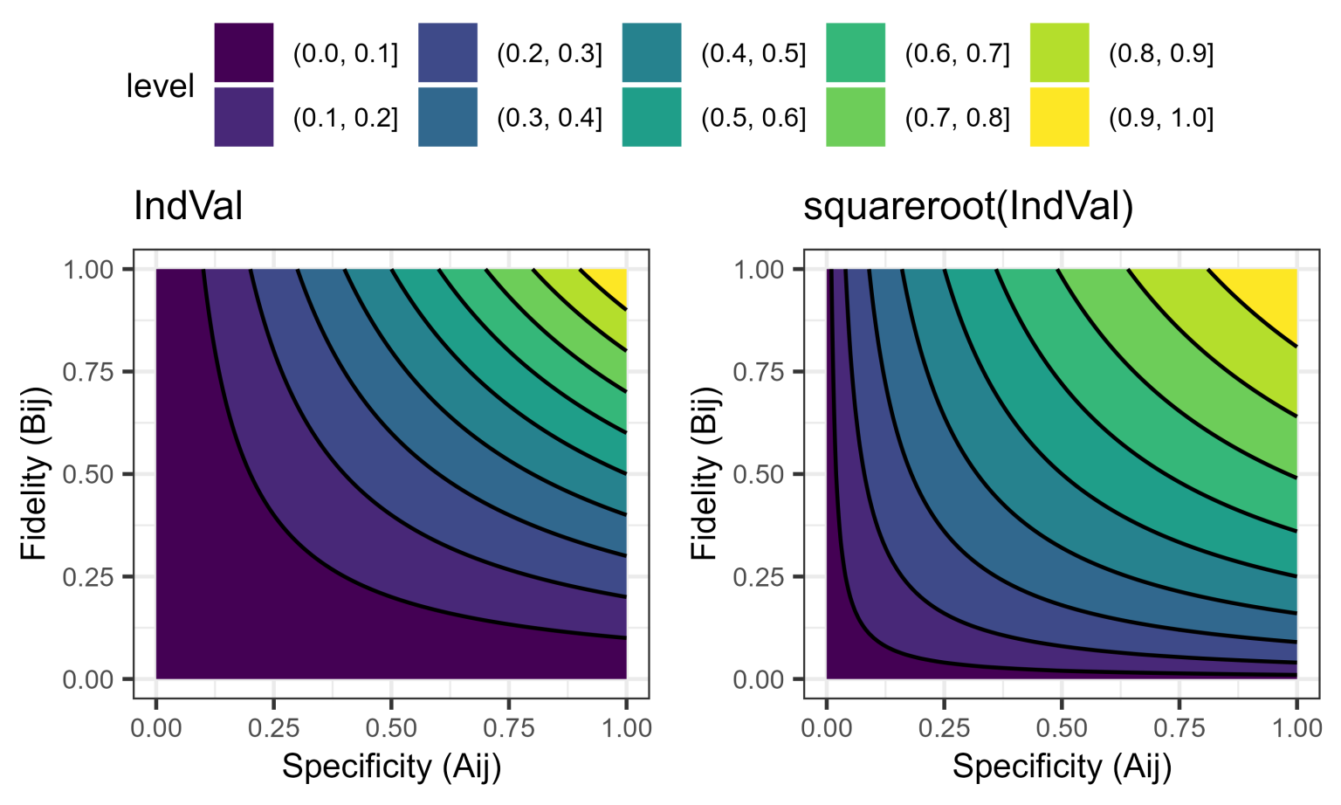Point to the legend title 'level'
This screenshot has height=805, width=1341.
click(x=160, y=86)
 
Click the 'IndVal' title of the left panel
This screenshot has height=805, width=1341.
click(x=188, y=207)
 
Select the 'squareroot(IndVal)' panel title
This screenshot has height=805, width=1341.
click(x=967, y=207)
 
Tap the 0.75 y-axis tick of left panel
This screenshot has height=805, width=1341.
click(x=88, y=372)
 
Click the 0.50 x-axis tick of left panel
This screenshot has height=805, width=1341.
click(x=391, y=727)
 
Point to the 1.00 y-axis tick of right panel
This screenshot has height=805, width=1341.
click(x=759, y=270)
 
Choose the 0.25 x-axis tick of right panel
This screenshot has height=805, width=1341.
click(x=944, y=727)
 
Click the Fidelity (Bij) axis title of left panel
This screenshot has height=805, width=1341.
click(x=35, y=473)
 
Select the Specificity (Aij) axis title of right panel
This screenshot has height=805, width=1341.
click(x=1062, y=767)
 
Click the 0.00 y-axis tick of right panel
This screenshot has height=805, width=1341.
click(x=759, y=679)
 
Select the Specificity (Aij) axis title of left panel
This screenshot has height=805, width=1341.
click(x=391, y=767)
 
